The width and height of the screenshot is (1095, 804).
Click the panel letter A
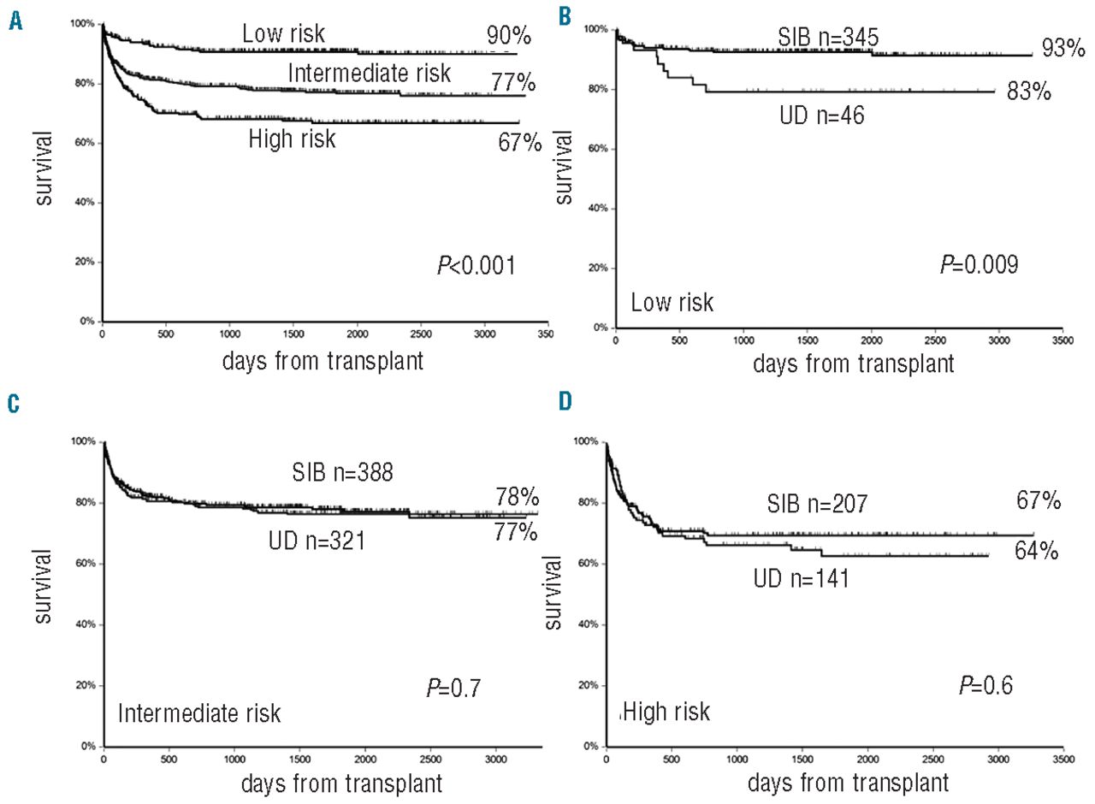click(15, 20)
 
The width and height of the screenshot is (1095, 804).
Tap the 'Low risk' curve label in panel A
click(283, 35)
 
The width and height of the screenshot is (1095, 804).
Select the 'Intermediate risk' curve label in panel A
click(369, 74)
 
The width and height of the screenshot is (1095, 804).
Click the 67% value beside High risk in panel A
click(519, 142)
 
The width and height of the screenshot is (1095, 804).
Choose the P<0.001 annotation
click(476, 268)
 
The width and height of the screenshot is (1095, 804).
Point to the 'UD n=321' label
click(313, 540)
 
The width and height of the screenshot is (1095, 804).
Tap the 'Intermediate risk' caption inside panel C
click(199, 713)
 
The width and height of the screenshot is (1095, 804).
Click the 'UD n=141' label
click(801, 579)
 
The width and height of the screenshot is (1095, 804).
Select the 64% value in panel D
click(1038, 552)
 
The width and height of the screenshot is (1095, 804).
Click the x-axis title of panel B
click(853, 363)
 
